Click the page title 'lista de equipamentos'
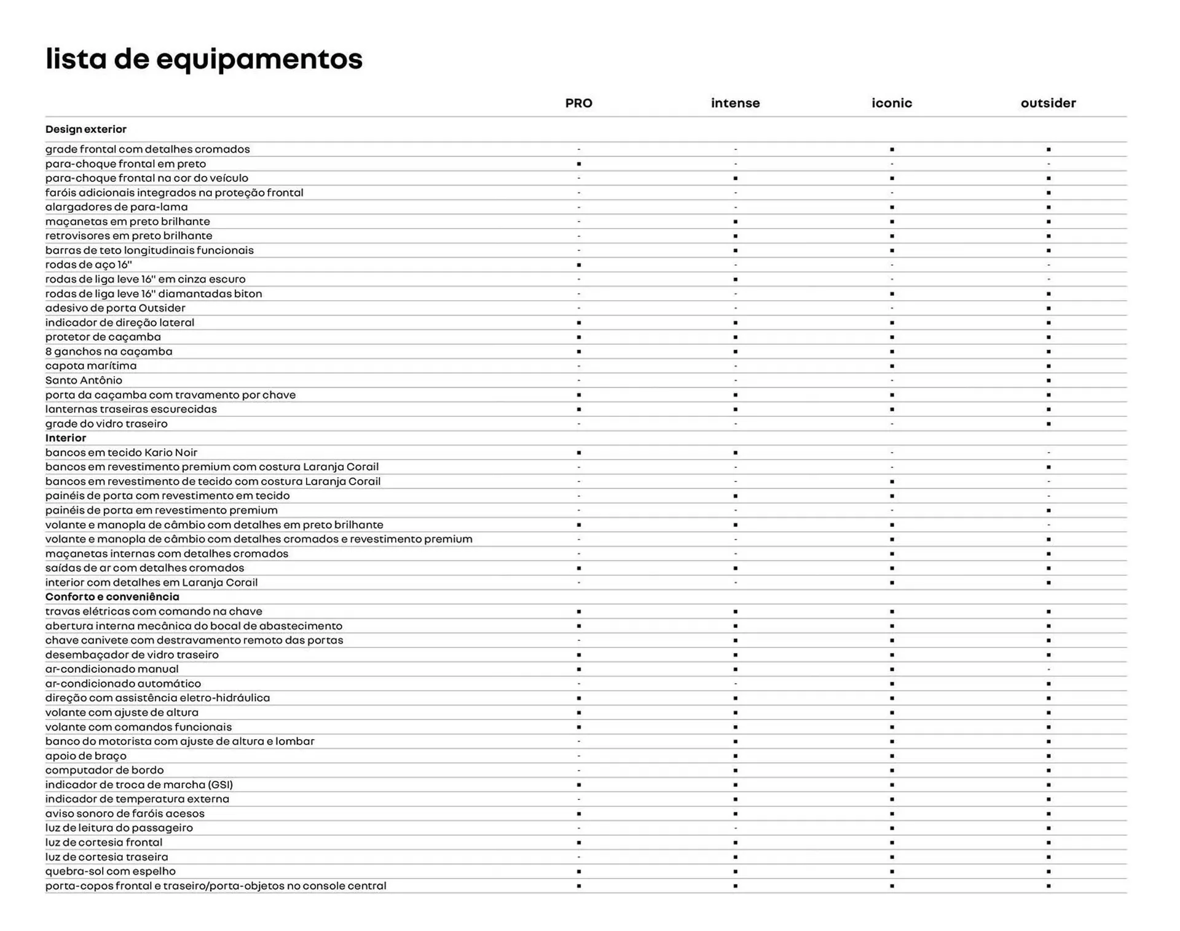204,59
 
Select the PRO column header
578,103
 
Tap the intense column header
735,103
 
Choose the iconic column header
891,103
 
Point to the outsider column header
1048,103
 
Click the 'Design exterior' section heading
86,129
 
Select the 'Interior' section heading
66,438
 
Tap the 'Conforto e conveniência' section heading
112,596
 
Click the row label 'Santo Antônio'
84,380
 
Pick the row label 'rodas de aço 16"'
88,264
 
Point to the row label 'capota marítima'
91,365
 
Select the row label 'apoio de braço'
86,756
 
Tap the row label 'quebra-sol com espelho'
111,871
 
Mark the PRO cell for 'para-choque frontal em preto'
578,164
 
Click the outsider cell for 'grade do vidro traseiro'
1048,424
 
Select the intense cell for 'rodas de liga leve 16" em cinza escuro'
735,279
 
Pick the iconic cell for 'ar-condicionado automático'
892,684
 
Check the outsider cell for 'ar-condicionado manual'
1048,669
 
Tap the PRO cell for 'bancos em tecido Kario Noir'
578,453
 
